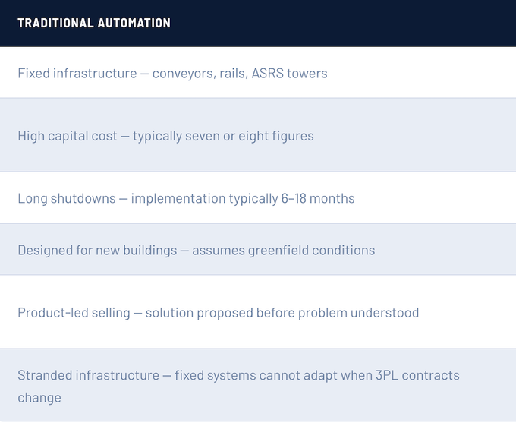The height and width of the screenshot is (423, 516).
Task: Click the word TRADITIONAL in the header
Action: (x=55, y=23)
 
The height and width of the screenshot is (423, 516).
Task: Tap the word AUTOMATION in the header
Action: (x=134, y=23)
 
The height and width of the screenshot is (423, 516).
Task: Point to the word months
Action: (x=332, y=198)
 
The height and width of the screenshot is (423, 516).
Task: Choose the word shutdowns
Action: (x=83, y=198)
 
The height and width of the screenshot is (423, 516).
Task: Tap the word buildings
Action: (x=150, y=251)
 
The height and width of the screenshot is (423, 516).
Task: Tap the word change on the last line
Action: (x=39, y=398)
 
